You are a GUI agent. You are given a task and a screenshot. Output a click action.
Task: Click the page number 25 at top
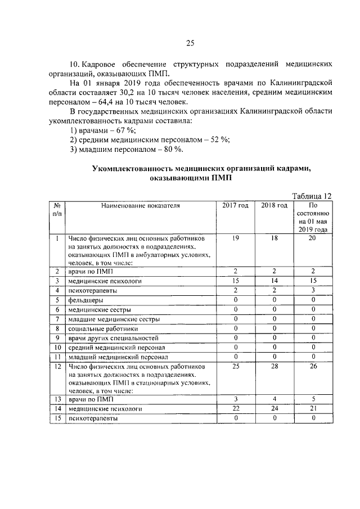point(190,43)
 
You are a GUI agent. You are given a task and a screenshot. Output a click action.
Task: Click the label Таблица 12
point(312,195)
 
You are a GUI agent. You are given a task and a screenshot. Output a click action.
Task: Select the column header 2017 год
point(235,206)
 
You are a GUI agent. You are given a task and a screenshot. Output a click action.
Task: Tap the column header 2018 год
point(274,206)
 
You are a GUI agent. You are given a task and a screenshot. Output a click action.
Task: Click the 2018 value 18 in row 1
point(274,238)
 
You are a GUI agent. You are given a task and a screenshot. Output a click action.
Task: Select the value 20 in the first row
point(313,238)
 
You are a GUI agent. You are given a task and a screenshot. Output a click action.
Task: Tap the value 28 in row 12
point(274,366)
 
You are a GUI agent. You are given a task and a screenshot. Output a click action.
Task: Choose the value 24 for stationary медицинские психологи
point(274,409)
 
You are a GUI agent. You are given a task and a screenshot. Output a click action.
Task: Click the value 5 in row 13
point(313,399)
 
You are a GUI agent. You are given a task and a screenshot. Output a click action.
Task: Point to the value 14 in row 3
point(274,281)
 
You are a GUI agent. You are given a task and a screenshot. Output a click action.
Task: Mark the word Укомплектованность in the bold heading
point(132,168)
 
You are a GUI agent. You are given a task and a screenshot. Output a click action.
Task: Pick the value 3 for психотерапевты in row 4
point(313,290)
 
